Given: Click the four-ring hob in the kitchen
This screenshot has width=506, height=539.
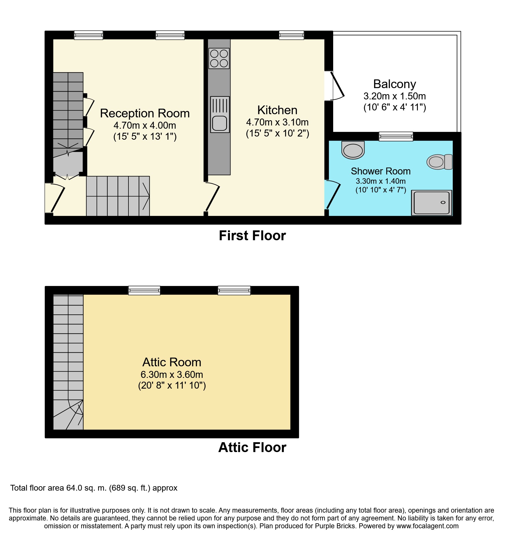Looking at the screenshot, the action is point(219,58).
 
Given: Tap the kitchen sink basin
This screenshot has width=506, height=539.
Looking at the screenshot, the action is point(220,123).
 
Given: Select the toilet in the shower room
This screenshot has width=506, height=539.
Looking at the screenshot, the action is point(439,162).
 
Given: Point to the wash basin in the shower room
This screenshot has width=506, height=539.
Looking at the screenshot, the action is point(353,150).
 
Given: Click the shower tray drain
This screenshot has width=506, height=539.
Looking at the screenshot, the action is point(443,203).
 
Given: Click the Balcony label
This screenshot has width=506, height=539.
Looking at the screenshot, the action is point(394,84).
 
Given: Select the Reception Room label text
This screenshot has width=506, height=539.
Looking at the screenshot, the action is point(145,113).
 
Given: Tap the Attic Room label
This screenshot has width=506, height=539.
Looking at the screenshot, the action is point(172,362).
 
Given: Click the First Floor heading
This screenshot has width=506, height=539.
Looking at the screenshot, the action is point(252,236).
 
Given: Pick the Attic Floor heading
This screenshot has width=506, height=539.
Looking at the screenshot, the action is point(252,447).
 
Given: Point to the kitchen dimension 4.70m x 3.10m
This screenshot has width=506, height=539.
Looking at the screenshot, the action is point(277,122).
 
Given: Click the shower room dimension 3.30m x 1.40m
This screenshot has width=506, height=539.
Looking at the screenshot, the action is point(380,181).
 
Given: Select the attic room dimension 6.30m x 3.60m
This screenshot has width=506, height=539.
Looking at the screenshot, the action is point(172,375).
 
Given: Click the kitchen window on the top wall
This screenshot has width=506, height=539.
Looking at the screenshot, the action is point(291,35).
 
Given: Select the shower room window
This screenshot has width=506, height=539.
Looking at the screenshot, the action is point(396,136).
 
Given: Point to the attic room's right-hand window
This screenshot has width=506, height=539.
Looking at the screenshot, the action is point(234,290).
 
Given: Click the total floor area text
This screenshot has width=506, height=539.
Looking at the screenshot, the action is point(94,488).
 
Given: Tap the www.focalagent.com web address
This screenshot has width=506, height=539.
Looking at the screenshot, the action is point(427,526).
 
